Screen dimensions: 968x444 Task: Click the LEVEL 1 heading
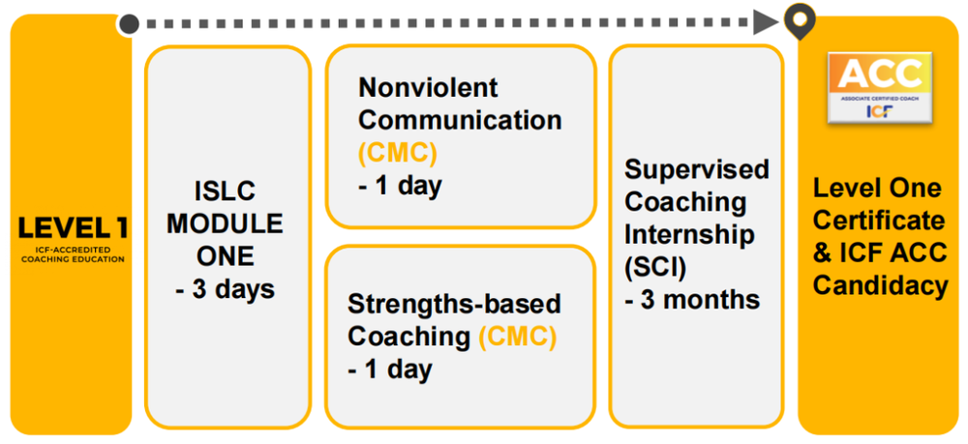73,228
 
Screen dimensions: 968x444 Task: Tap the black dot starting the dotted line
129,24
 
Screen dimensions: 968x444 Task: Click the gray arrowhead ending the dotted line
766,23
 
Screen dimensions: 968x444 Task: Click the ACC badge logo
879,86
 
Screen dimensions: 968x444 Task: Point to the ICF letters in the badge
879,111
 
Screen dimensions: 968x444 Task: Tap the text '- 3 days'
226,289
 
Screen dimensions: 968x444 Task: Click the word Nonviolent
428,88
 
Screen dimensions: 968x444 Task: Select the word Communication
460,121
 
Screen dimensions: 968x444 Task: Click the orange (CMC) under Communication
398,154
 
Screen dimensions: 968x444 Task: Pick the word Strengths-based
454,305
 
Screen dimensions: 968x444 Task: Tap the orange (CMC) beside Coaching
517,338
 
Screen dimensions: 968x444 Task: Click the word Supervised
696,169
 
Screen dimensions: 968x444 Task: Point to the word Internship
689,235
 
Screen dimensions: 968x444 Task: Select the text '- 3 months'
691,300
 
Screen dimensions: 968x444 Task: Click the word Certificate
879,221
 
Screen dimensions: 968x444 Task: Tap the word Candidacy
880,286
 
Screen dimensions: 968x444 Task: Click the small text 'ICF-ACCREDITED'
73,250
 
